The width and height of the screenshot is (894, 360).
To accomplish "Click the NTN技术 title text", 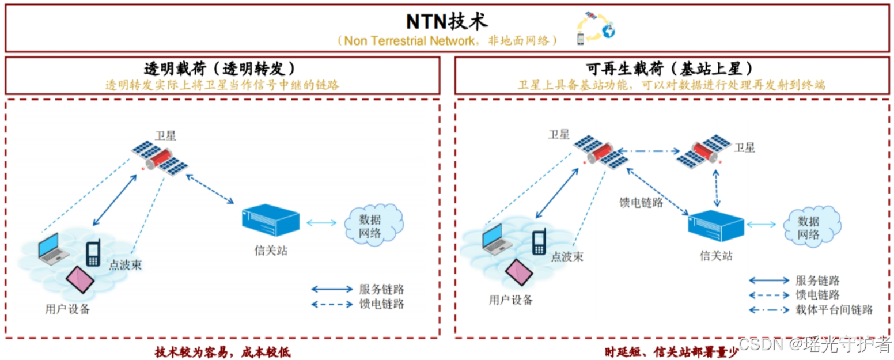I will (x=446, y=21).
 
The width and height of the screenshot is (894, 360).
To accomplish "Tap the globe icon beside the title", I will (x=607, y=31).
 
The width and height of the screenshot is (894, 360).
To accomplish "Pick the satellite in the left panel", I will (x=159, y=157).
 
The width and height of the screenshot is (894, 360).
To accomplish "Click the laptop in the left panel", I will (x=52, y=248).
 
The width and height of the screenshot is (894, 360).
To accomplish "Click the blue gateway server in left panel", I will (x=271, y=221).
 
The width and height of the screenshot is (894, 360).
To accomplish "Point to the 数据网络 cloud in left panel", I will (x=372, y=226).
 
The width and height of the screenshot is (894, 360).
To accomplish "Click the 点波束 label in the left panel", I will (x=125, y=265).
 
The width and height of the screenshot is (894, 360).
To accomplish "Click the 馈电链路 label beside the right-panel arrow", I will (x=641, y=203).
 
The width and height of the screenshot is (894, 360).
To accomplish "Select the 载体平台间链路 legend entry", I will (x=834, y=310).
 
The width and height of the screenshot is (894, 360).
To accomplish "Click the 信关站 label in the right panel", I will (x=716, y=256).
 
